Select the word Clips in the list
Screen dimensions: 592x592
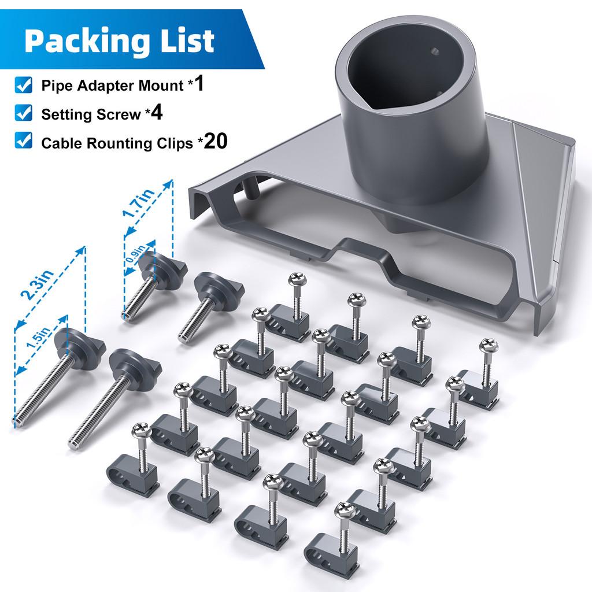[x=172, y=143]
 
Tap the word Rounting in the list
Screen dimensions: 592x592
[x=115, y=144]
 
